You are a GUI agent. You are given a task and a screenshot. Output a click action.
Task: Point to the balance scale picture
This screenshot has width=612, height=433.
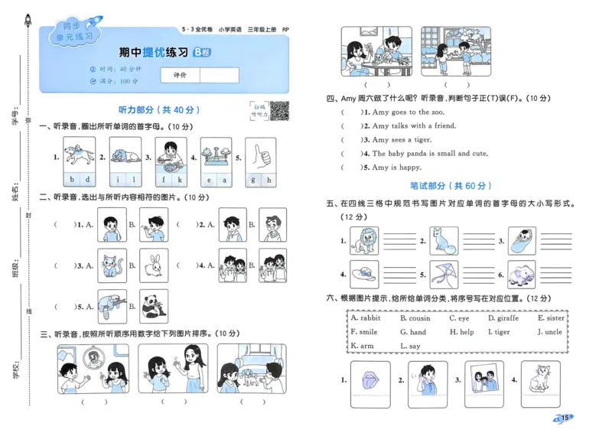point(216,155)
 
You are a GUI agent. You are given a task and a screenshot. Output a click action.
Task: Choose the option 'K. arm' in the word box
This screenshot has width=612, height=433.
point(363,346)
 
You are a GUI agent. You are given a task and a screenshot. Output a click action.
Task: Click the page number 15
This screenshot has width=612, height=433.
point(564,417)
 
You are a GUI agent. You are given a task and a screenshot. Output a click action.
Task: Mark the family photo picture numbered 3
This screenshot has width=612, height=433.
point(480,380)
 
